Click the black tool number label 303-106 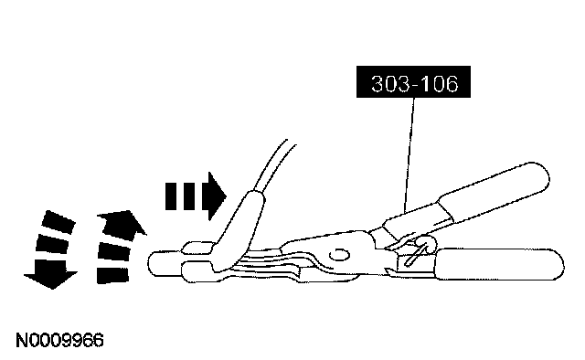click(413, 82)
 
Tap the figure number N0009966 click(59, 340)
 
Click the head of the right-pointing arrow click(215, 196)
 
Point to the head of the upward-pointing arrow click(123, 223)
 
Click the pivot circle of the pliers click(339, 256)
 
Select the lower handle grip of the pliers click(498, 265)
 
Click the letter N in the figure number click(22, 340)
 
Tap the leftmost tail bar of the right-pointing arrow click(171, 196)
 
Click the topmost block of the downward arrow click(58, 222)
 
